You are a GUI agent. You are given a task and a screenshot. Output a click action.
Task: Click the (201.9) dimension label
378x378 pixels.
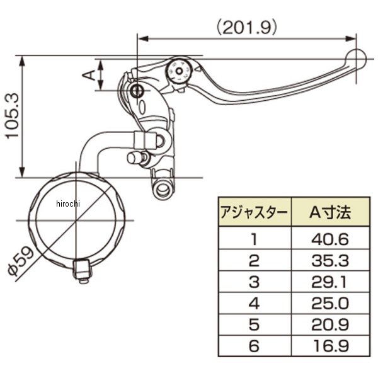246,27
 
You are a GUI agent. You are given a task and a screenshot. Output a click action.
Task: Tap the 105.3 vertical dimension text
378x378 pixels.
13,115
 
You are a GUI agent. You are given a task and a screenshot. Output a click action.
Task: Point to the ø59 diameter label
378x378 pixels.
21,261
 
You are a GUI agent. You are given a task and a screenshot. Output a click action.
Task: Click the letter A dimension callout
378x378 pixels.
89,75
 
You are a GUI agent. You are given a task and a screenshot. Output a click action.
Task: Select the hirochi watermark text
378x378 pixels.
68,203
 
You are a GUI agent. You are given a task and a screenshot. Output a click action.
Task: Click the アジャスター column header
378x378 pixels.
255,212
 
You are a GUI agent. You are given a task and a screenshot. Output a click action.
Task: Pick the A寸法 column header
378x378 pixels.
330,212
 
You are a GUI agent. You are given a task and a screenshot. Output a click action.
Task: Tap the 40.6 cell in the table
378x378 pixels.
330,239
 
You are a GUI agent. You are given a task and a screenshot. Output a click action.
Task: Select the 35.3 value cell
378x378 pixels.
330,261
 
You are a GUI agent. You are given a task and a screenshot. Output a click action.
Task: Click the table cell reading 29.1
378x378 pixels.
329,282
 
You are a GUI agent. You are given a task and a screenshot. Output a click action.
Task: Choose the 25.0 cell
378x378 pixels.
330,303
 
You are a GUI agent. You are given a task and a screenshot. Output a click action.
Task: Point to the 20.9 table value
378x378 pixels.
330,324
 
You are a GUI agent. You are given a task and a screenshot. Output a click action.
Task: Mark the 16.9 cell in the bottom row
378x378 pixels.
331,346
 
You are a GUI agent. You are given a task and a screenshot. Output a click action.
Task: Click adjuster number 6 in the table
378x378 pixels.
254,346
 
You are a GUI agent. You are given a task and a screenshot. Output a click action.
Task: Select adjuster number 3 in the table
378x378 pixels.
254,282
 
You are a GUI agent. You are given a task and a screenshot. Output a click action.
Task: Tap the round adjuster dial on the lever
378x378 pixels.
179,71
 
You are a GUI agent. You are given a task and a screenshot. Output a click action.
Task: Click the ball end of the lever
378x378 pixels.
356,59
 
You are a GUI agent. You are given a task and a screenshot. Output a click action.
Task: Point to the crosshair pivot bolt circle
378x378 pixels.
137,91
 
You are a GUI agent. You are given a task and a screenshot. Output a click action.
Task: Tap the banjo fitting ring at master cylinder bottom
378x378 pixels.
163,188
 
